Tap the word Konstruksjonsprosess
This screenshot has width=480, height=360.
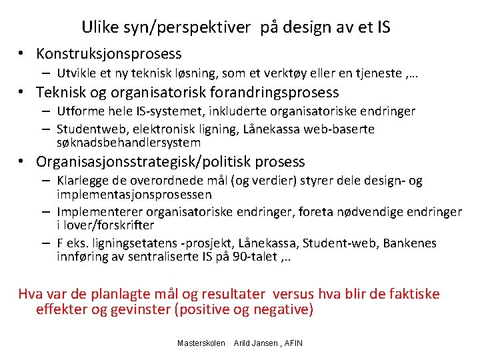coord(109,53)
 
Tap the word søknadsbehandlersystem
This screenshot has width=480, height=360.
coord(129,142)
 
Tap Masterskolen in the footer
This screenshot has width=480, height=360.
coord(201,343)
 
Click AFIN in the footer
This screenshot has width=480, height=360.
coord(293,343)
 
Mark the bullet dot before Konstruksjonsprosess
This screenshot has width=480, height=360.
coord(22,53)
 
